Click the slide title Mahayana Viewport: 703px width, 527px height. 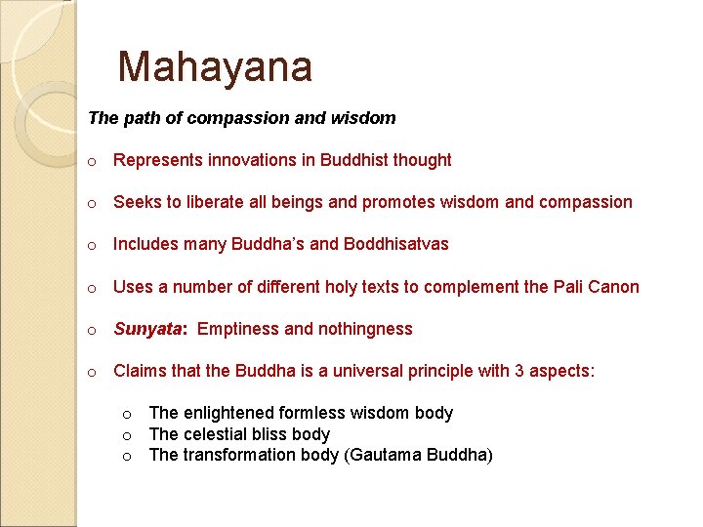(215, 67)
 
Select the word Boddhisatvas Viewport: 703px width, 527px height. (396, 244)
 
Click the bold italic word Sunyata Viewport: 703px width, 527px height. (148, 329)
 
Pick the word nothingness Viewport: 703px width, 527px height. (365, 329)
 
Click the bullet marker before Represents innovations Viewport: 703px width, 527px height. (91, 161)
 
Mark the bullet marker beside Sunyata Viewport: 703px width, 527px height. (91, 330)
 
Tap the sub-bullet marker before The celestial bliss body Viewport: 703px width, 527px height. (127, 435)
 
